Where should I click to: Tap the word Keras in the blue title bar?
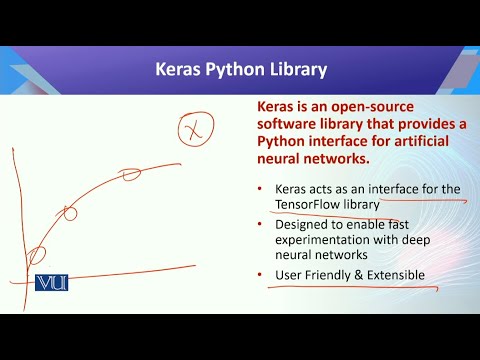pyautogui.click(x=181, y=71)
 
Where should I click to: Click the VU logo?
pyautogui.click(x=51, y=283)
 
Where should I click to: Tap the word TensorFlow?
pyautogui.click(x=308, y=205)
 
